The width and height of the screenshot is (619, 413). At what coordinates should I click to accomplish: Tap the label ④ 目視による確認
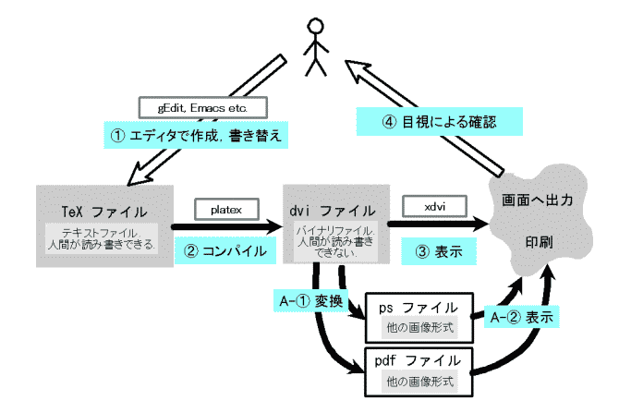coord(439,121)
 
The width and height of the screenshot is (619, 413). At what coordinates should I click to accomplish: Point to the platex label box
coord(224,210)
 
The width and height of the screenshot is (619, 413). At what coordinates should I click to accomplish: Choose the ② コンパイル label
coord(225,250)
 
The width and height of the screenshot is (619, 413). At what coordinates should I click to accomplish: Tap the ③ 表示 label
coord(432,249)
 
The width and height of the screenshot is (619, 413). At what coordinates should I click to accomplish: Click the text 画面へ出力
coord(538,199)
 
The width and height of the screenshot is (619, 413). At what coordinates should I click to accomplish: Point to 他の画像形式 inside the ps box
coord(419,327)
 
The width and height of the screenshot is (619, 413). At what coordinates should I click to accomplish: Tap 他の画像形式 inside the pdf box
coord(419,380)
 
